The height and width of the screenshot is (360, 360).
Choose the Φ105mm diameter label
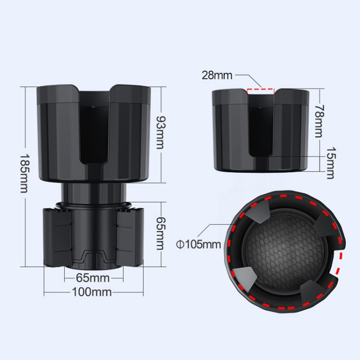pyautogui.click(x=198, y=244)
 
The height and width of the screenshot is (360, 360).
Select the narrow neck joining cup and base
pyautogui.click(x=94, y=192)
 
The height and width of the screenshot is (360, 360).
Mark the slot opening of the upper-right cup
pyautogui.click(x=260, y=125)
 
